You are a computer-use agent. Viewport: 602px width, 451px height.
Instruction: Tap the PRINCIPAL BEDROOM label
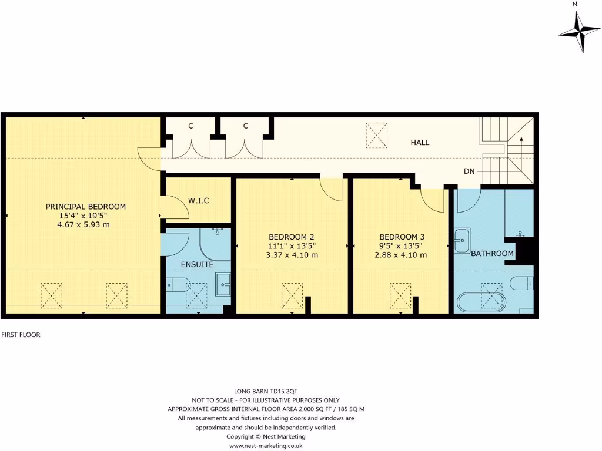tap(86, 207)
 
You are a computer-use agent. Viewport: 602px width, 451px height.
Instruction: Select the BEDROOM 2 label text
tap(292, 238)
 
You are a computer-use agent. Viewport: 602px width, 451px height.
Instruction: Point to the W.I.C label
tap(199, 201)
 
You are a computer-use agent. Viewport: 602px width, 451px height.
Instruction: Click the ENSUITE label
tap(196, 265)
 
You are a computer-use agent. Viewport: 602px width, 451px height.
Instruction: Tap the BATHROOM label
tap(492, 254)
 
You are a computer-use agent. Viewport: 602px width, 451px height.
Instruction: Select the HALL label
tap(420, 143)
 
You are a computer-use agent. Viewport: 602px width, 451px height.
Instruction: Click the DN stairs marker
tap(469, 171)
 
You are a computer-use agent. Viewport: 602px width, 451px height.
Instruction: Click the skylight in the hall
tap(377, 133)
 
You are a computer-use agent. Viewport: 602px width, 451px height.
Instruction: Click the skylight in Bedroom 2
tap(292, 295)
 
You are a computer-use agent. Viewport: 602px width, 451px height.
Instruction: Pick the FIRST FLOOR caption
tap(20, 335)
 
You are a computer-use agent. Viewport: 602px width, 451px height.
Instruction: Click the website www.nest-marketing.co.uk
tap(265, 446)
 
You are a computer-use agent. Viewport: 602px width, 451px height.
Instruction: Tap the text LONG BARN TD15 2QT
tap(266, 391)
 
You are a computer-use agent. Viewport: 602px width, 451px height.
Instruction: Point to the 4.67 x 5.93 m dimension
tap(86, 224)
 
